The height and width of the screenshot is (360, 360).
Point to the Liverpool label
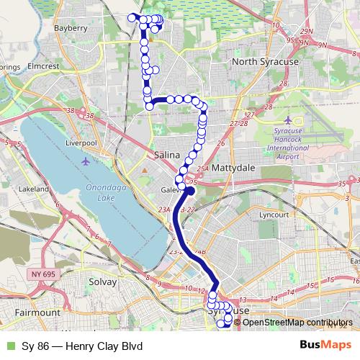(x=81, y=143)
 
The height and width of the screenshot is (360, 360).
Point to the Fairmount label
(x=37, y=313)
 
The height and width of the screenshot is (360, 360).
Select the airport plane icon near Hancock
(x=289, y=120)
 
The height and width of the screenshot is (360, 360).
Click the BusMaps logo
(x=325, y=345)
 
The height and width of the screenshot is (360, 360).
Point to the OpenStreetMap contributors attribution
(x=298, y=322)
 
